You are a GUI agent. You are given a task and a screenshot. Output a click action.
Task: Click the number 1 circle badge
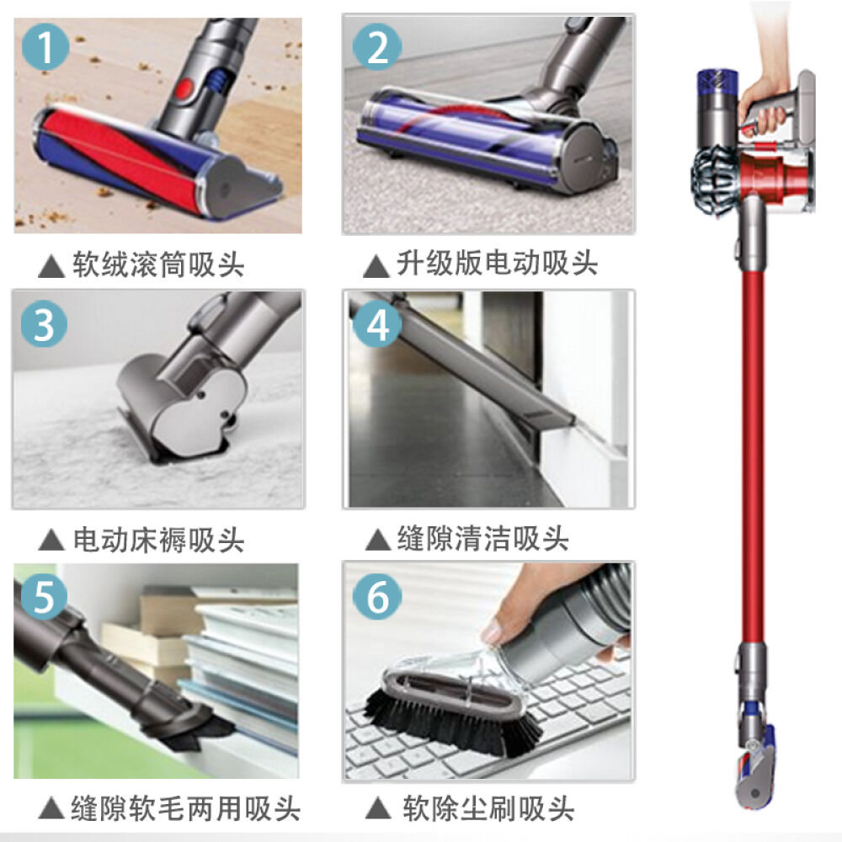point(45,48)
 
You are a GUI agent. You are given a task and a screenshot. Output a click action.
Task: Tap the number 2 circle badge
point(377,48)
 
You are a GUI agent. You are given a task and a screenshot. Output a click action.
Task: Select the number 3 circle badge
point(45,324)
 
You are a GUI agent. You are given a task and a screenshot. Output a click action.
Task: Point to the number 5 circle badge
point(45,599)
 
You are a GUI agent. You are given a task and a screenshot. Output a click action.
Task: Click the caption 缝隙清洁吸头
point(482,539)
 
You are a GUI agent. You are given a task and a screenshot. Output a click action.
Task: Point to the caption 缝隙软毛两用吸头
point(186,810)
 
